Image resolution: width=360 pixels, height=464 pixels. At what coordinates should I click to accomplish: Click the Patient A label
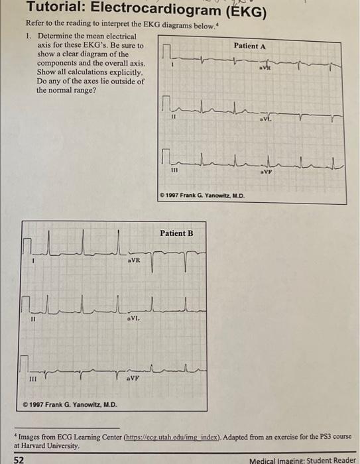coord(250,46)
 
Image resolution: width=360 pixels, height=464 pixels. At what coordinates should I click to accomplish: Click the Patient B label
coord(177,233)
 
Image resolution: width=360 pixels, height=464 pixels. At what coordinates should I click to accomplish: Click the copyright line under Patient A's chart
coord(203,195)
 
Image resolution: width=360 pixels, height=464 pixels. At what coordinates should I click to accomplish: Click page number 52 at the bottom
coord(19,459)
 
